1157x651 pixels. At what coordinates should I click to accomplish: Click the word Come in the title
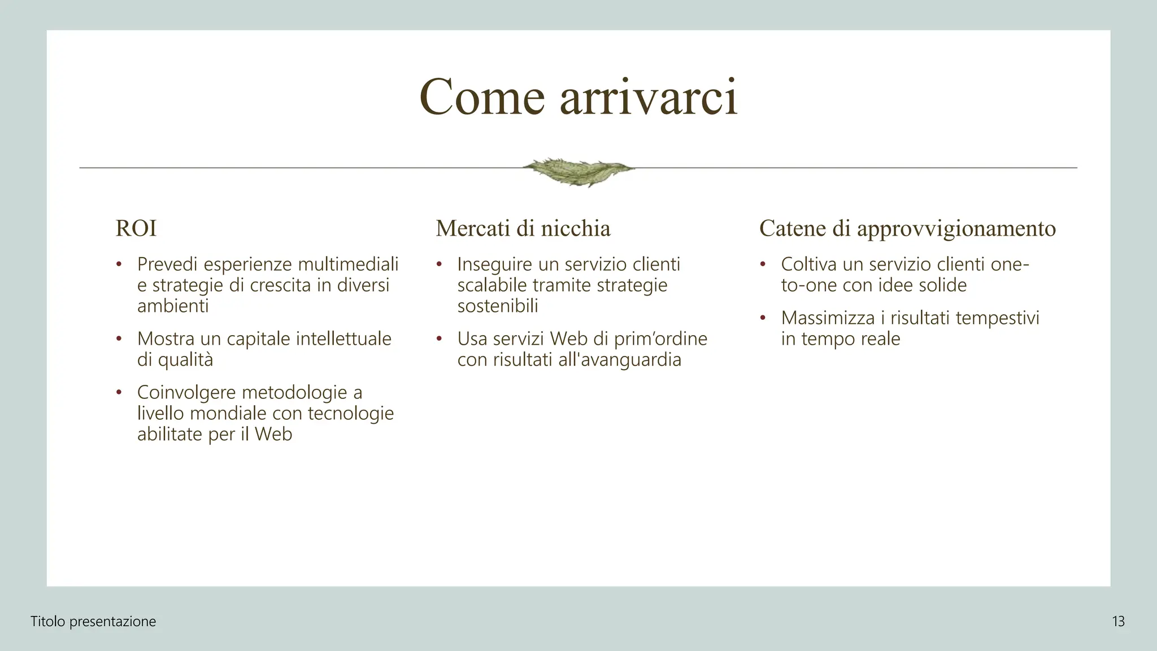pos(482,98)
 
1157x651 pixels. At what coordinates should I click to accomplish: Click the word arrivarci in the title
pos(649,98)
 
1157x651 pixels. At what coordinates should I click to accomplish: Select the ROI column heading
pos(136,228)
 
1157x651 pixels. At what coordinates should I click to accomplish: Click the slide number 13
pos(1118,622)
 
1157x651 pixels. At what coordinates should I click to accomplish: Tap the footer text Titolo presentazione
pos(93,622)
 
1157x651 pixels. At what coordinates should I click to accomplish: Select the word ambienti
pos(173,306)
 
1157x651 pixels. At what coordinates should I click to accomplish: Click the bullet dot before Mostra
pos(119,339)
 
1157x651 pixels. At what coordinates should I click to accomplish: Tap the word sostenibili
pos(498,306)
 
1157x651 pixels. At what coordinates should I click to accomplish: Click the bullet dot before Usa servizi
pos(439,339)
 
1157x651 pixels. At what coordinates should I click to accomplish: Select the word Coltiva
pos(809,264)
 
